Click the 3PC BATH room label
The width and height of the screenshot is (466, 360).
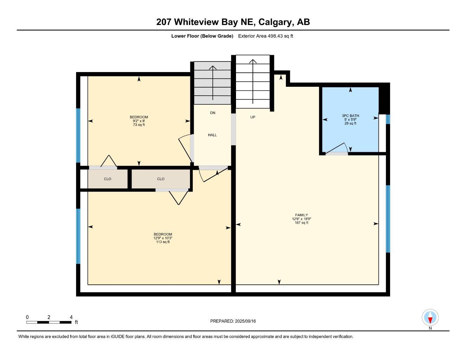pos(350,116)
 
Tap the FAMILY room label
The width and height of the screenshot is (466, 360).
pos(301,215)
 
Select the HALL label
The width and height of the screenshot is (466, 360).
pos(212,135)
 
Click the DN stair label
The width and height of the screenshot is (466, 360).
pos(212,113)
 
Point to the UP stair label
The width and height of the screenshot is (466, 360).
pos(253,117)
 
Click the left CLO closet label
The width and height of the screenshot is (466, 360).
pos(107,179)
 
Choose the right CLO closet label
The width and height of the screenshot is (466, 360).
pos(161,179)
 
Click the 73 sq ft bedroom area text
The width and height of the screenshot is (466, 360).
pos(139,125)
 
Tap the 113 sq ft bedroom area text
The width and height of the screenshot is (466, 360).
pos(163,242)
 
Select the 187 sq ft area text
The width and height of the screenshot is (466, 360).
pos(301,223)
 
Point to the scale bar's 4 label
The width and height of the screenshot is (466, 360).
pos(71,317)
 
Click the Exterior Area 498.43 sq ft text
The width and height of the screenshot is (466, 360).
pos(266,36)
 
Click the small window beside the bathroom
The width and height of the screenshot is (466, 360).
pos(388,120)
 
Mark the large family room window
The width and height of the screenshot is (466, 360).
pos(388,219)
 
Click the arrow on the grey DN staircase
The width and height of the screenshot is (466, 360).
pos(212,83)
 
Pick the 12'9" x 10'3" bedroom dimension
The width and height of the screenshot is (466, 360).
pos(163,238)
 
